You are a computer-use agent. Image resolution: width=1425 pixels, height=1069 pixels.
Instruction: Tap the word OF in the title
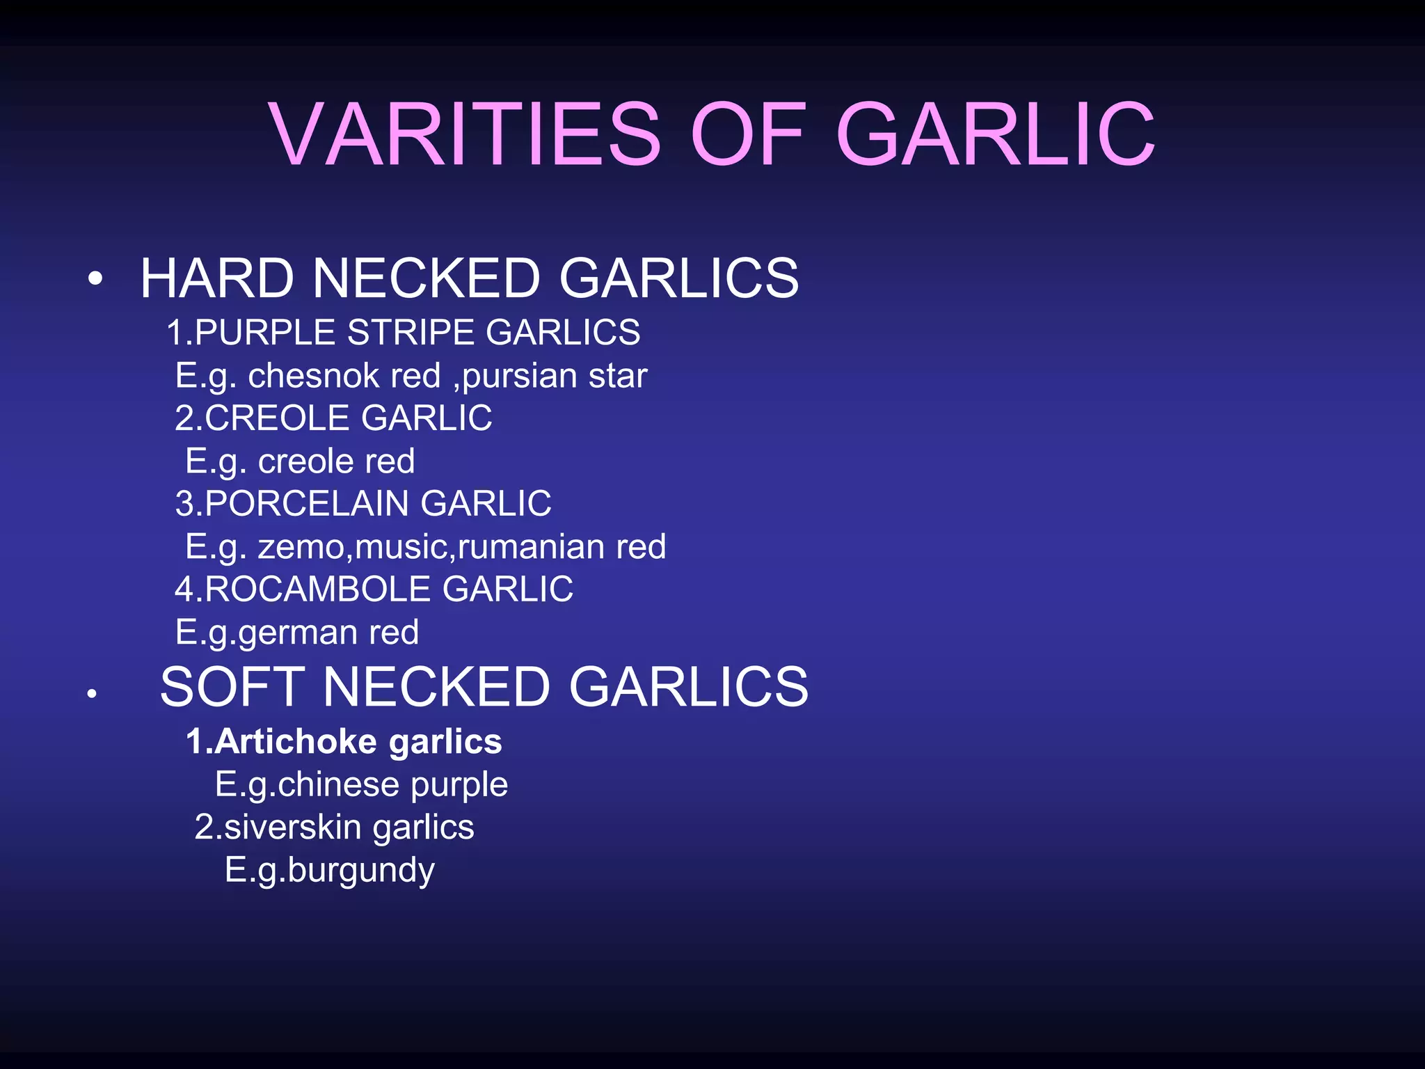[x=749, y=134]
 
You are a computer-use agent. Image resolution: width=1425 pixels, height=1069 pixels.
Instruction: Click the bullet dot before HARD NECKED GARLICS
[x=95, y=280]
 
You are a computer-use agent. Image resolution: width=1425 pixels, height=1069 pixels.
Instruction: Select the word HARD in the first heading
[x=217, y=278]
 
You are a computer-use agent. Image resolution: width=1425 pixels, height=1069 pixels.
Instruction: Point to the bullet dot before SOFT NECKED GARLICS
[x=91, y=693]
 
